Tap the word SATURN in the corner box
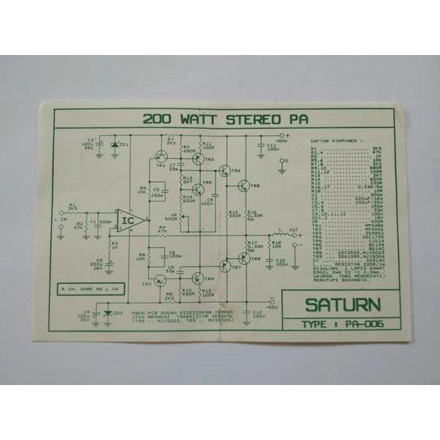coord(341,304)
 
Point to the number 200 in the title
coord(156,119)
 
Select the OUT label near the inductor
coord(294,230)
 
